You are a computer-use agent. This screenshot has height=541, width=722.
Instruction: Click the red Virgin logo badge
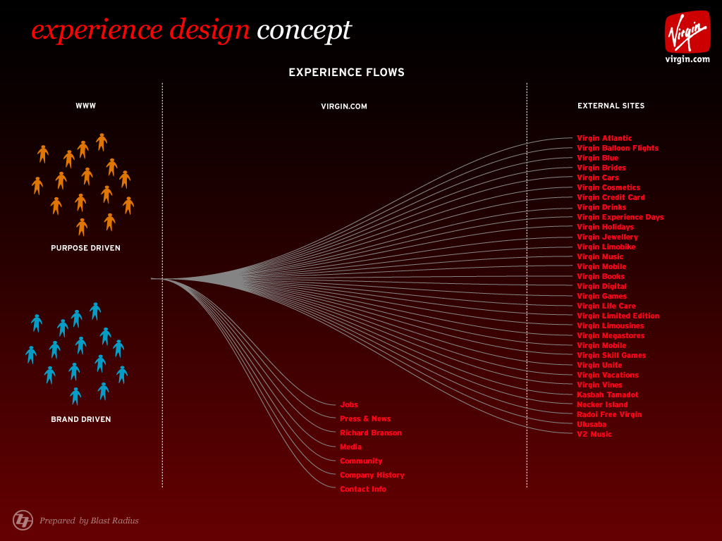click(687, 32)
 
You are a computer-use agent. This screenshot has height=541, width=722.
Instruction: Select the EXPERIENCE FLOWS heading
click(346, 73)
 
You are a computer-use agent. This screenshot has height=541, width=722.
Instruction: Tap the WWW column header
click(85, 106)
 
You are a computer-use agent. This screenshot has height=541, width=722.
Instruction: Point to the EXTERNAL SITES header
click(611, 106)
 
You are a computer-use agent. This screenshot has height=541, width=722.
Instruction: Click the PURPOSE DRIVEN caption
click(85, 248)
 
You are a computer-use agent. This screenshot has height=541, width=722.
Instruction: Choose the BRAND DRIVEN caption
click(81, 419)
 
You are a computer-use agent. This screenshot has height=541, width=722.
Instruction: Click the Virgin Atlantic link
click(604, 138)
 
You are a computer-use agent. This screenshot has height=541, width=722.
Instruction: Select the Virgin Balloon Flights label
click(618, 148)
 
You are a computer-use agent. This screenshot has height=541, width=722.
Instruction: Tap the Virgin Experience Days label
click(620, 217)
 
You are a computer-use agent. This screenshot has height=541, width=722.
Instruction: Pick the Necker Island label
click(602, 405)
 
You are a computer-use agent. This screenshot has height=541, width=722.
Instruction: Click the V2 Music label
click(594, 434)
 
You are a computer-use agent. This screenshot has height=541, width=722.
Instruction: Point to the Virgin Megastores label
click(611, 336)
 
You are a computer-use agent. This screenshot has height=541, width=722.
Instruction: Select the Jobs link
click(348, 405)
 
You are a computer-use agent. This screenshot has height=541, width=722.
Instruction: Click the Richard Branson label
click(371, 433)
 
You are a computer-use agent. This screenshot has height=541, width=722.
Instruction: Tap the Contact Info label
click(363, 490)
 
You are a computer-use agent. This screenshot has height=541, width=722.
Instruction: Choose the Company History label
click(372, 475)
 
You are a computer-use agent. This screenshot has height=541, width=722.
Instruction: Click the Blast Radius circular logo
click(23, 521)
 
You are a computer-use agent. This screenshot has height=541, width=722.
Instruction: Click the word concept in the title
click(304, 30)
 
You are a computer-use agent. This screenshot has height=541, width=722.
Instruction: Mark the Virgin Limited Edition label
click(618, 316)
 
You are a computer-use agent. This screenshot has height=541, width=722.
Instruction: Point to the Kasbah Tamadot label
click(607, 394)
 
